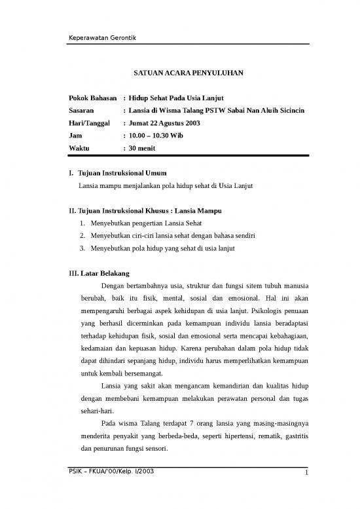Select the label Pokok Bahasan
[x=93, y=96]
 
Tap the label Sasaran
[x=83, y=109]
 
